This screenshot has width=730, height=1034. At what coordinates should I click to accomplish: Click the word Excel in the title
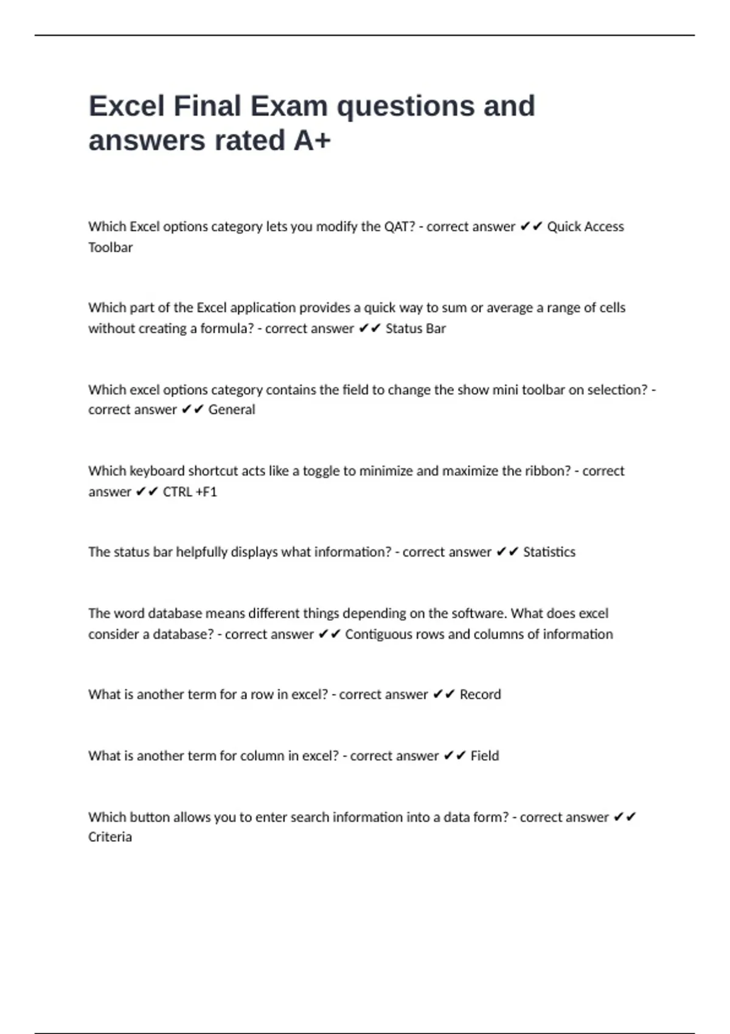pos(127,106)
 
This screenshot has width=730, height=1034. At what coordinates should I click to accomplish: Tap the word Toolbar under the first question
pos(110,248)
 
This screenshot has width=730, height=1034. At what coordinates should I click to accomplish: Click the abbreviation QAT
pos(399,227)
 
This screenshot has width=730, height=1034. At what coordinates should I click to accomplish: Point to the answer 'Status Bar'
pos(415,328)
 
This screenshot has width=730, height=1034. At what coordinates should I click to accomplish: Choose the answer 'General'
pos(232,410)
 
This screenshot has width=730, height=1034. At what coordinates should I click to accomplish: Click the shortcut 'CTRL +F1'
pos(190,491)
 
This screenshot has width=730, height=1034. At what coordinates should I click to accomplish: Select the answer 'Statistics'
pos(549,552)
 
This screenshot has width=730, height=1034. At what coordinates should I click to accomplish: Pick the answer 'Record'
pos(480,695)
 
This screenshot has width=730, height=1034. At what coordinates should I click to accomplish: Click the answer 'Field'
pos(484,756)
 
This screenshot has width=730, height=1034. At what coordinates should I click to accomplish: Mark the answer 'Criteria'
pos(110,837)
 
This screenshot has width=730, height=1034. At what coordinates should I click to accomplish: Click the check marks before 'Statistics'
pos(507,552)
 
